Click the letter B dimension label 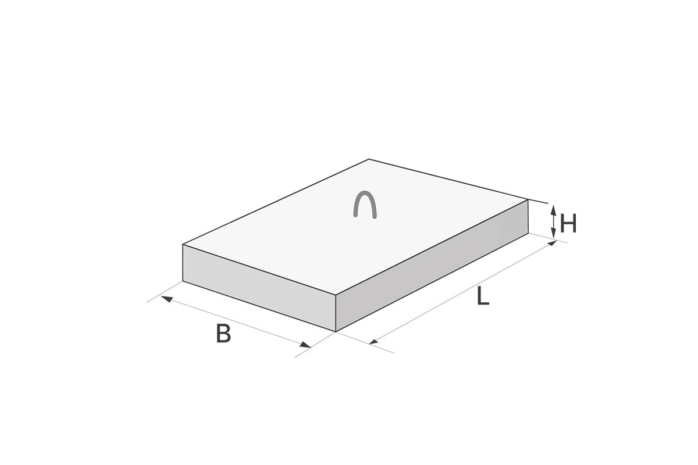[223, 334]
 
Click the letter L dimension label [483, 296]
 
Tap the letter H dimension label [568, 224]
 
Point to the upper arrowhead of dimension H [553, 210]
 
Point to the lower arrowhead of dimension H [553, 233]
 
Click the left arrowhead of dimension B [167, 299]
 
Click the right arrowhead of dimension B [305, 345]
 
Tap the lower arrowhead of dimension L [373, 342]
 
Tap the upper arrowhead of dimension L [552, 242]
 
